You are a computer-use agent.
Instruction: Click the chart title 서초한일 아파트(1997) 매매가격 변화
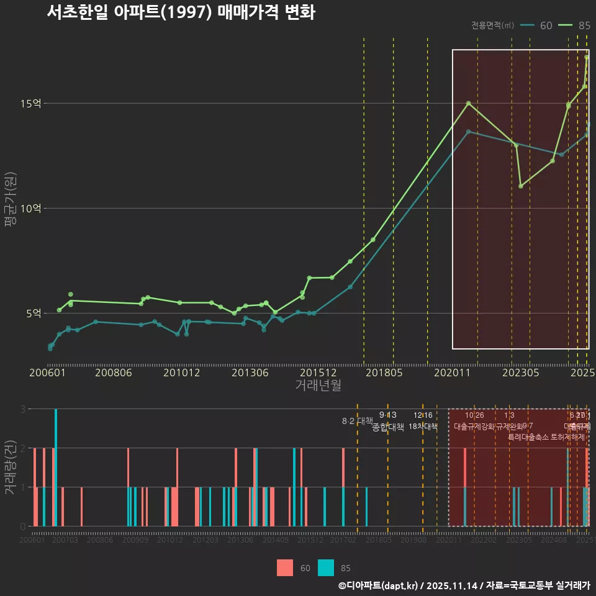pyautogui.click(x=181, y=12)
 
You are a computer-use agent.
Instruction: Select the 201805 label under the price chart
pyautogui.click(x=383, y=372)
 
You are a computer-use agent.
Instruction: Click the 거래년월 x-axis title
pyautogui.click(x=318, y=386)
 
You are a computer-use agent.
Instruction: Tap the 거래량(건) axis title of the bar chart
pyautogui.click(x=10, y=467)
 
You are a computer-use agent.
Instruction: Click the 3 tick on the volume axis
pyautogui.click(x=22, y=409)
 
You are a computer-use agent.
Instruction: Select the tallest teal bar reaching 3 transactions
pyautogui.click(x=56, y=467)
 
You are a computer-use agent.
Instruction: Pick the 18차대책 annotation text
pyautogui.click(x=423, y=427)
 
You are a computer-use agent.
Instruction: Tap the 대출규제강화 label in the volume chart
pyautogui.click(x=474, y=427)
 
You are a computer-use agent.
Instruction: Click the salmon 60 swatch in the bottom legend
pyautogui.click(x=285, y=567)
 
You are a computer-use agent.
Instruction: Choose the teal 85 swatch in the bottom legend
pyautogui.click(x=326, y=567)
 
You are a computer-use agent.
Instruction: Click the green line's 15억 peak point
pyautogui.click(x=469, y=103)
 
